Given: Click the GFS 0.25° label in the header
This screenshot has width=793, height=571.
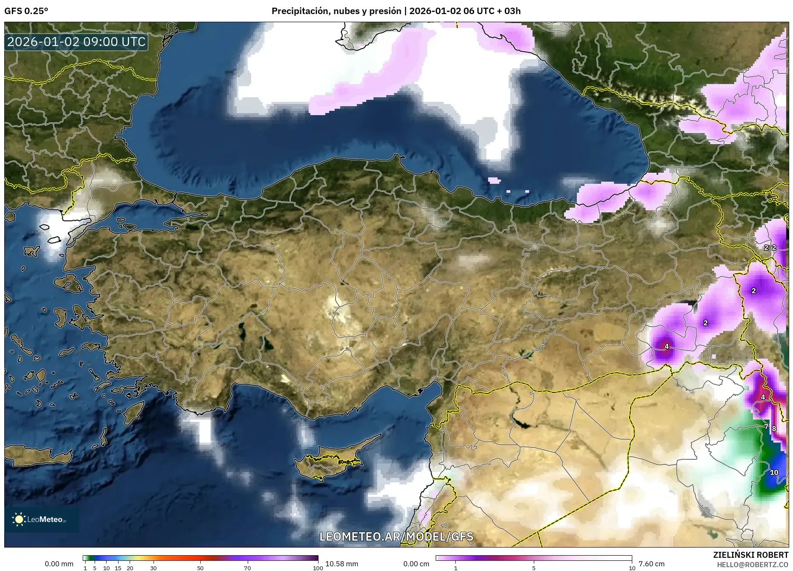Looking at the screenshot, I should [x=26, y=11].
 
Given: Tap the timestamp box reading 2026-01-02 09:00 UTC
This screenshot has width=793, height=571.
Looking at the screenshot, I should [x=77, y=42].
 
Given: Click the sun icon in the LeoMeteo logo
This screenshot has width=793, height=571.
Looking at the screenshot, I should [x=19, y=519].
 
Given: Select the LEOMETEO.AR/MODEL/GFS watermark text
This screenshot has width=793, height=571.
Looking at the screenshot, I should [x=396, y=536].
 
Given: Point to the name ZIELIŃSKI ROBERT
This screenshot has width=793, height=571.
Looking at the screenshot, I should [x=750, y=555].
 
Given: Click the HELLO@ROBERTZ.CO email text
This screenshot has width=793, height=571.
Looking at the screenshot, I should [x=752, y=564].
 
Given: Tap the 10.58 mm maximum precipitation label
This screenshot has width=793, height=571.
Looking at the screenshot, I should [x=342, y=564].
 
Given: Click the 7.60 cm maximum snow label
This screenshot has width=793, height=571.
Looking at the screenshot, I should [x=651, y=564].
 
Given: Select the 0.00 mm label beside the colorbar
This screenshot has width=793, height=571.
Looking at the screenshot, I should [x=59, y=564].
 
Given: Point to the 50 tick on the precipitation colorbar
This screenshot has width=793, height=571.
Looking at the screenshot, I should [x=200, y=568].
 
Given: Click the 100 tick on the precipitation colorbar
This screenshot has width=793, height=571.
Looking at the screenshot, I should [x=318, y=568].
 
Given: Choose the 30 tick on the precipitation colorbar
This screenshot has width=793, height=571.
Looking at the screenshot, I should [x=153, y=568].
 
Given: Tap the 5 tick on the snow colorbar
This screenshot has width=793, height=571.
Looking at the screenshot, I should [x=534, y=568].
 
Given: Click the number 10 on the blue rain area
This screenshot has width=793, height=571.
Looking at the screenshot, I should [x=774, y=472].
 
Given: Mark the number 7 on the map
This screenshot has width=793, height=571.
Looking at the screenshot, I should [x=766, y=426].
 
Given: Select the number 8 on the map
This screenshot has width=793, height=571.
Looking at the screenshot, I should [x=774, y=429].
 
